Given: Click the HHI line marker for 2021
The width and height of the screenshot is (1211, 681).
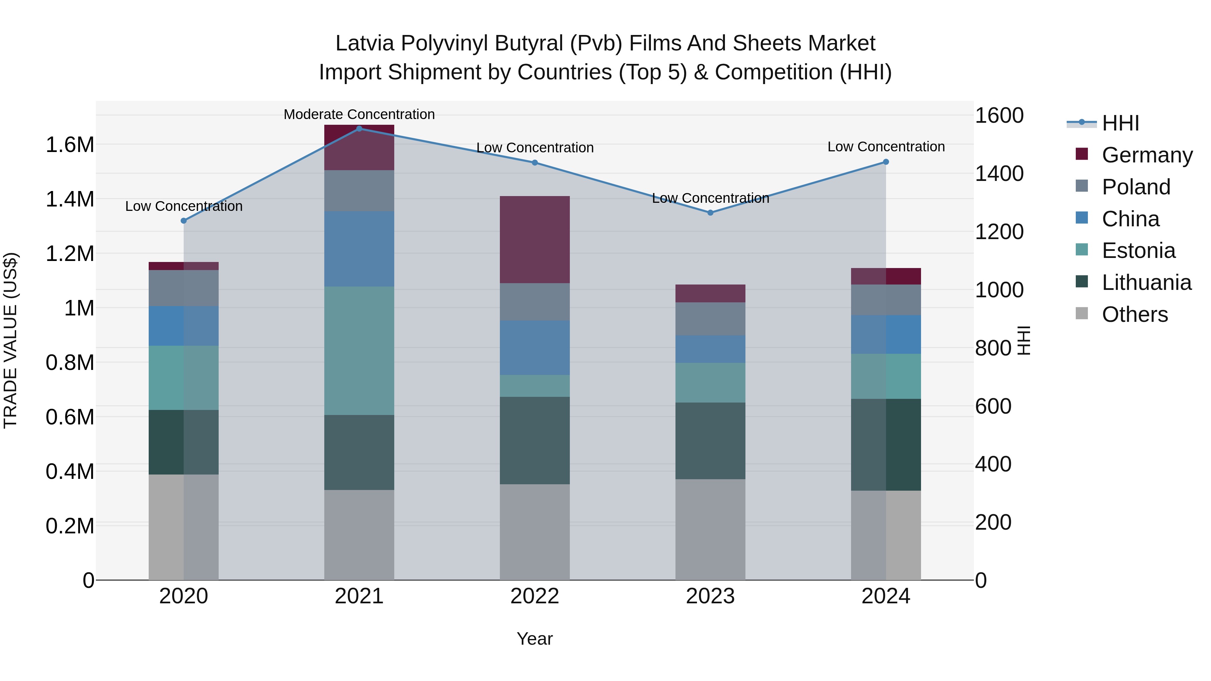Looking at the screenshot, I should [359, 128].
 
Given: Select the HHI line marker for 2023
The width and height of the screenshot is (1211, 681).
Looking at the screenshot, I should [710, 213].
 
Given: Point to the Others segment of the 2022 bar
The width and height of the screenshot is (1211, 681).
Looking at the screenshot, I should [535, 532].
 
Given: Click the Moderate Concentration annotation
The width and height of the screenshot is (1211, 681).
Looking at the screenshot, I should [359, 114].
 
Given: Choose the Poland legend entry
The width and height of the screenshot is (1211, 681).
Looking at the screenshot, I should [1135, 187].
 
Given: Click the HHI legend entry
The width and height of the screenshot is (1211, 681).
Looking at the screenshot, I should [1120, 123].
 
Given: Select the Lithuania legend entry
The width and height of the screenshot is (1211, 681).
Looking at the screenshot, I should [1146, 282].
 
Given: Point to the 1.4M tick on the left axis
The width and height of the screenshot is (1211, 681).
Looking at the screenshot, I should [70, 199].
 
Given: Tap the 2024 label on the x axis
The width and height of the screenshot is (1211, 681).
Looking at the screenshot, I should [886, 596].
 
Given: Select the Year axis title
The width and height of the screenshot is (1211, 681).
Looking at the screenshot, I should [535, 639].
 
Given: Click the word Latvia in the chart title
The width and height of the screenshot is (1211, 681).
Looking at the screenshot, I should [364, 43].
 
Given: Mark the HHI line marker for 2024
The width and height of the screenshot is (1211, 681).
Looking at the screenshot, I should [886, 162].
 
